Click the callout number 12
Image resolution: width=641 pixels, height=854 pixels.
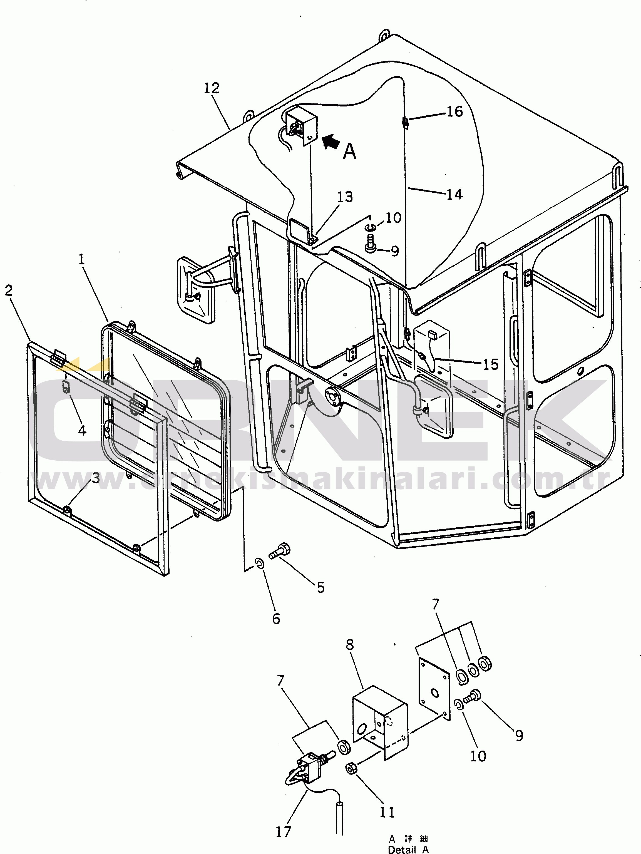coord(212,88)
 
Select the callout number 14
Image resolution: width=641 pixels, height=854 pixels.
coord(454,194)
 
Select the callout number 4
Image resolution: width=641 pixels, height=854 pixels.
coord(82,430)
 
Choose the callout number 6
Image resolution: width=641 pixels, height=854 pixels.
coord(276,619)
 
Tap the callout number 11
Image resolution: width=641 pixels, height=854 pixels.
coord(387,812)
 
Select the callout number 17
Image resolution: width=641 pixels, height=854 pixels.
coord(283,831)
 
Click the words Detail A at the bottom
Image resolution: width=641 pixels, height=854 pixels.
coord(408,849)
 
